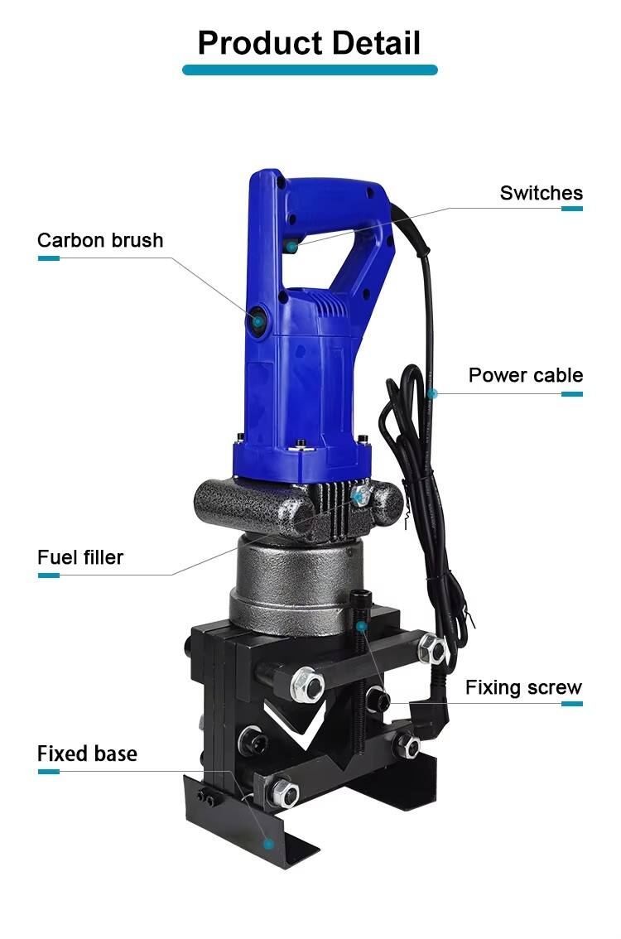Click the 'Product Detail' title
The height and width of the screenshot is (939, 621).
[309, 43]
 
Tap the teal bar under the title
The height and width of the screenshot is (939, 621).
[310, 70]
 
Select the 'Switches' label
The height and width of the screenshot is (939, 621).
[542, 193]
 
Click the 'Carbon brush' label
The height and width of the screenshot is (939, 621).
[100, 240]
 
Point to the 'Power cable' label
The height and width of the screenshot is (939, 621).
[526, 375]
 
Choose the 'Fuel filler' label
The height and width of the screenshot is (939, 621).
[80, 557]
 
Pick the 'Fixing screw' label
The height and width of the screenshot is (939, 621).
[523, 687]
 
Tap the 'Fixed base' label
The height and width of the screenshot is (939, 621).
[88, 754]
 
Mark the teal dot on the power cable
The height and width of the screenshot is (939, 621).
[433, 393]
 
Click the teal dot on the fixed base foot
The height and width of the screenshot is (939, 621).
[269, 844]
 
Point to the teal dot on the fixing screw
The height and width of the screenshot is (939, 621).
[361, 626]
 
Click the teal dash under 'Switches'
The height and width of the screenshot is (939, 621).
[572, 209]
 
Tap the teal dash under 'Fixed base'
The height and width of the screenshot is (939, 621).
[49, 772]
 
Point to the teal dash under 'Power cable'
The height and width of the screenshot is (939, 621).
[572, 394]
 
